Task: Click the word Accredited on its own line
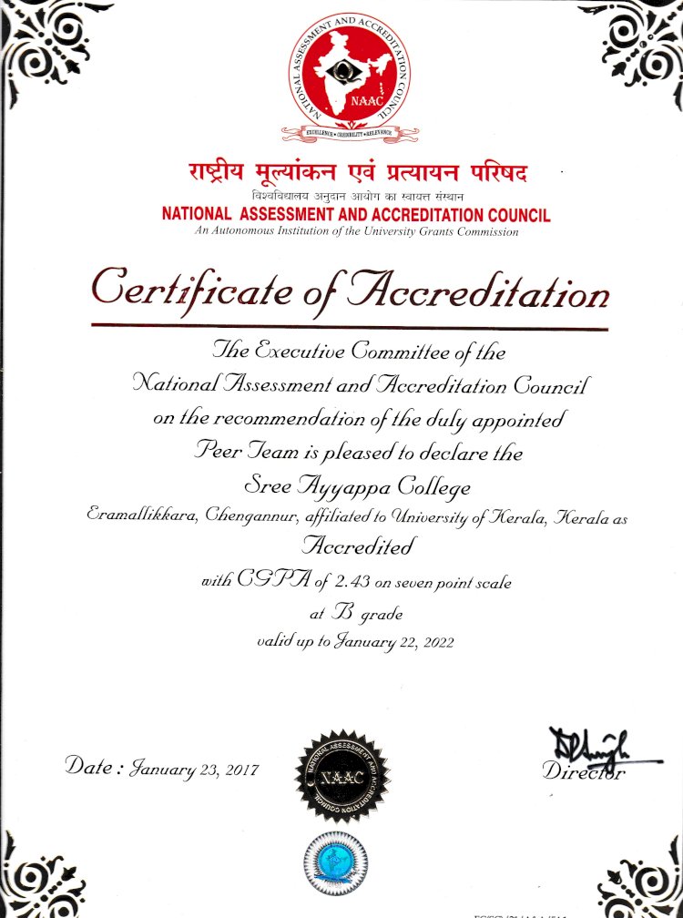[x=358, y=546]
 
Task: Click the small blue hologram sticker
[x=337, y=860]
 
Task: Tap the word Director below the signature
[x=584, y=773]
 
